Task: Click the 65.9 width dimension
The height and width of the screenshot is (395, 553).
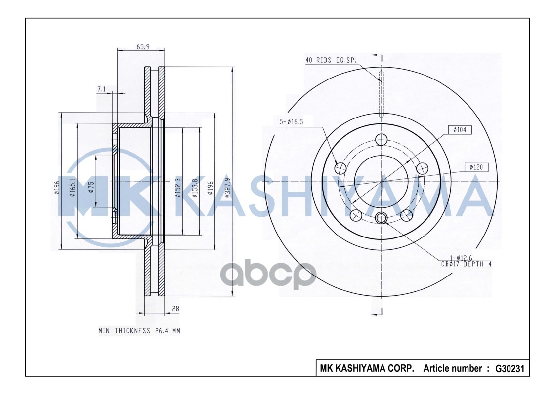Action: click(x=143, y=47)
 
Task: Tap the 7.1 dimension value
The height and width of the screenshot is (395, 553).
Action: click(x=101, y=89)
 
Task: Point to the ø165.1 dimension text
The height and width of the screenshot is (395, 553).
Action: click(x=72, y=187)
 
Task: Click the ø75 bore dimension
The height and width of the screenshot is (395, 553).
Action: click(x=91, y=187)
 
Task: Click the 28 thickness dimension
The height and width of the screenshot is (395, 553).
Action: click(x=175, y=308)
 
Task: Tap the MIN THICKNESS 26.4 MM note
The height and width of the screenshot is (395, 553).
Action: click(x=139, y=330)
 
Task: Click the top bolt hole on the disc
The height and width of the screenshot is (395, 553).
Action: click(x=381, y=140)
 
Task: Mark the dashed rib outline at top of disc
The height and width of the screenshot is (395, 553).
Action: click(x=381, y=94)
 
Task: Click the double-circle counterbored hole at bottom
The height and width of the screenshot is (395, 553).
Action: click(x=381, y=217)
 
